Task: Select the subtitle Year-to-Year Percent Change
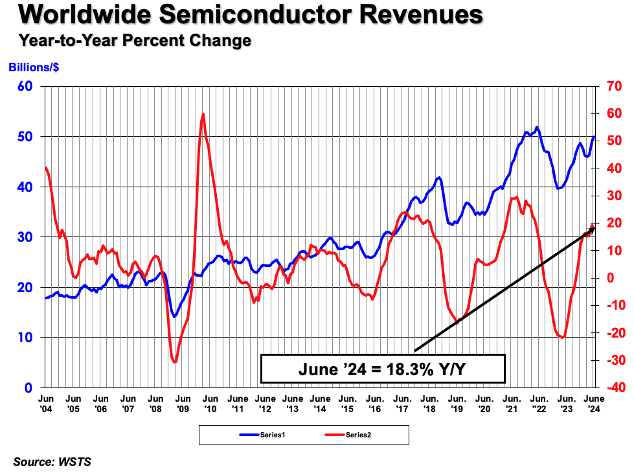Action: [x=135, y=41]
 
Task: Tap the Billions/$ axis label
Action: [x=34, y=67]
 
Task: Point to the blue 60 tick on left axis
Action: [x=25, y=86]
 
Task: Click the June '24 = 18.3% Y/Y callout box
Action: [x=383, y=369]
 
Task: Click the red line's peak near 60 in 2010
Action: [x=203, y=114]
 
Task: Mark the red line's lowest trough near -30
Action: [x=174, y=362]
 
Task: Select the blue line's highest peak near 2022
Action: [x=537, y=127]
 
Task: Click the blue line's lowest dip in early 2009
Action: [x=174, y=316]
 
